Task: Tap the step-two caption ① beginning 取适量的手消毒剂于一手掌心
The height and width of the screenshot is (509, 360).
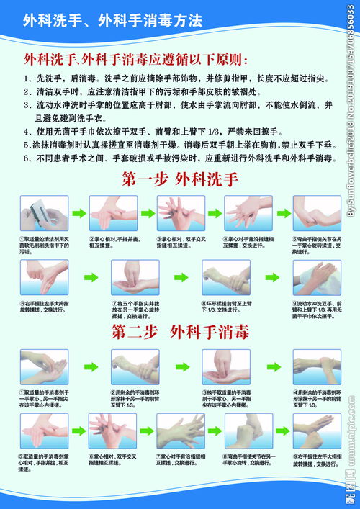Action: [42, 402]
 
